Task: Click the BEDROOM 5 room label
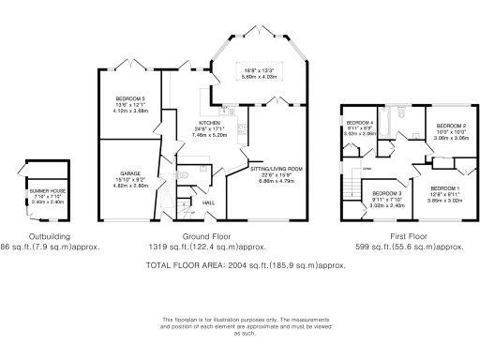coord(130,98)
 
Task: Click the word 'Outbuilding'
coord(44,238)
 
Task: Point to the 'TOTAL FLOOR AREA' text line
coord(247,266)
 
